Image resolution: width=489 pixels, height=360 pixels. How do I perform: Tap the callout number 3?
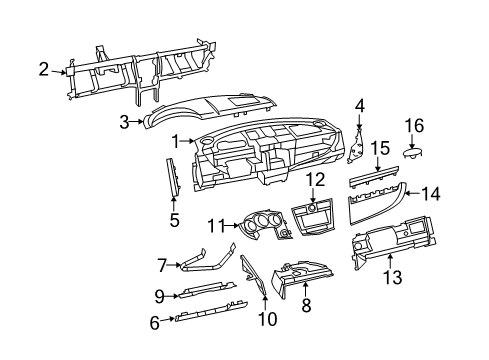point(125,122)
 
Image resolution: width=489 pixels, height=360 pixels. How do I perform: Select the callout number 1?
point(177,142)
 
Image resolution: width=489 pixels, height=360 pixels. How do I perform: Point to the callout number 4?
point(359,103)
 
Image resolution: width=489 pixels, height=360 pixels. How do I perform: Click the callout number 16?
point(415,125)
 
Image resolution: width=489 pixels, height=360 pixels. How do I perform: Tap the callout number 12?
point(316,179)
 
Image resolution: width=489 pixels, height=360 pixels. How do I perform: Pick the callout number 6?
point(155,321)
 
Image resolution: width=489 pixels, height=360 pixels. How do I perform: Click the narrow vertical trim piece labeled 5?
point(173,176)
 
